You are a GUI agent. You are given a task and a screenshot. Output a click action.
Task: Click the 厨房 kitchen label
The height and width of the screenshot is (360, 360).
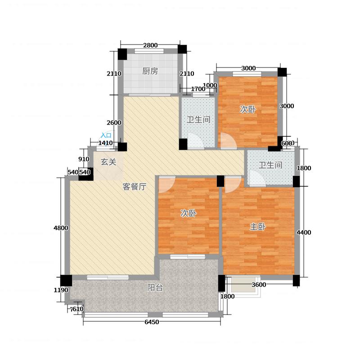coord(150,71)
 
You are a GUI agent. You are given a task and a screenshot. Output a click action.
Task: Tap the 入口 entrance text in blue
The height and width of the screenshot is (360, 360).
coord(106,135)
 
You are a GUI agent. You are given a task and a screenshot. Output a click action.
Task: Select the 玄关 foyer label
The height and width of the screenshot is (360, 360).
coord(108,162)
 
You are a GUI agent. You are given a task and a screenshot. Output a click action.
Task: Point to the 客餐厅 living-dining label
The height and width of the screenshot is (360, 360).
coord(135,187)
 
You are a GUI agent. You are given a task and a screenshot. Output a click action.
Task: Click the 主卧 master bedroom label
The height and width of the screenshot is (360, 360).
coord(257,227)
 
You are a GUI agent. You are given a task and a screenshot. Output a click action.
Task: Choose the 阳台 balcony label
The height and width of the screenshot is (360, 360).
coord(155,288)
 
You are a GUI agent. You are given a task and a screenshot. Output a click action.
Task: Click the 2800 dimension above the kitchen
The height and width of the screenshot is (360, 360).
coord(150,45)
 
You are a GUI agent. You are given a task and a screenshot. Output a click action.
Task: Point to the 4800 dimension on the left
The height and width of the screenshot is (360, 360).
coord(60,228)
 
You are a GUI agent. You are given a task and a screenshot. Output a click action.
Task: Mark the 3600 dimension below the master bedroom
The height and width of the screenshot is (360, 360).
coord(259,284)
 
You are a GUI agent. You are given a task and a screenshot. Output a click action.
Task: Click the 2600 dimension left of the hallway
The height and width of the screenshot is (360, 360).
coord(114,123)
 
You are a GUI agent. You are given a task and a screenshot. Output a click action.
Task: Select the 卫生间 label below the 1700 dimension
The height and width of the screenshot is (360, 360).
coord(198,120)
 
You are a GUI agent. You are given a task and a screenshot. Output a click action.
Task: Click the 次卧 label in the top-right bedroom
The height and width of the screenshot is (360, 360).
coord(248,109)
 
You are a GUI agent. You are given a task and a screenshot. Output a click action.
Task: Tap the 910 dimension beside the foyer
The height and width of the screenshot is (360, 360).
coord(84,159)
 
